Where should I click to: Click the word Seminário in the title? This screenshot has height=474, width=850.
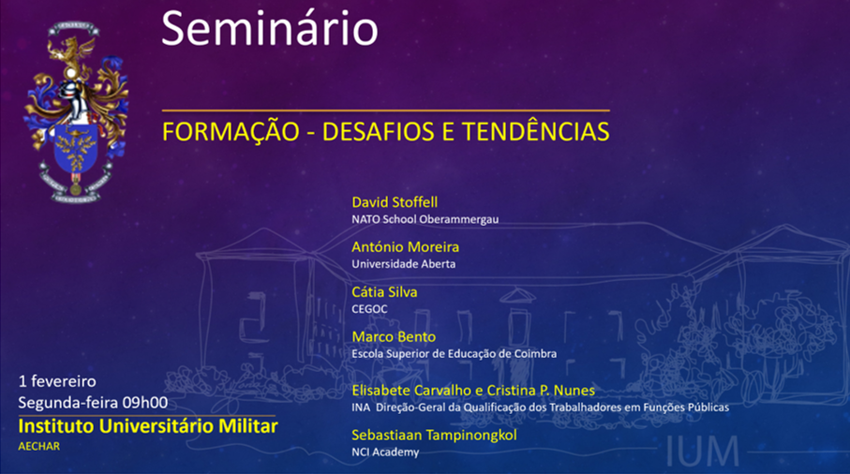coord(269,28)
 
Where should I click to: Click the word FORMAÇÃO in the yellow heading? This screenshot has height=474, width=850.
coord(231,132)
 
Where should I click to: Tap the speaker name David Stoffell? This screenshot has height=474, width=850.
coord(395,202)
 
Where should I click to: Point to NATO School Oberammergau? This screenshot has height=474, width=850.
coord(425,219)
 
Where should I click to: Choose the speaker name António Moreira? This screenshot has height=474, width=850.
coord(406,247)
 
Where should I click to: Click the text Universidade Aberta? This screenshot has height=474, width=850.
coord(403,264)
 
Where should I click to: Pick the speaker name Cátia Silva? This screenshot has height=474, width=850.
coord(384,292)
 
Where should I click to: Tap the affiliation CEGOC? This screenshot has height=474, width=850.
coord(369,309)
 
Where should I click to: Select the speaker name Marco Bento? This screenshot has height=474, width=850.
coord(394,337)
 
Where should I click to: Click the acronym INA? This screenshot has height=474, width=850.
coord(361,407)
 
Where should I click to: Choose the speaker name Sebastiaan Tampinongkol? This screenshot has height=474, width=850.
coord(434,435)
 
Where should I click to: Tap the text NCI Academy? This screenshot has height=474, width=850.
coord(385,452)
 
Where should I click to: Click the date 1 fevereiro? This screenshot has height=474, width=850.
coord(57,381)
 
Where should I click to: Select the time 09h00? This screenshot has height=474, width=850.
coord(145,403)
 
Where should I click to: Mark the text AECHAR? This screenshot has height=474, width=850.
coord(39,447)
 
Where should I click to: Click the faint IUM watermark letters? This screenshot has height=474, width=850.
coord(703,451)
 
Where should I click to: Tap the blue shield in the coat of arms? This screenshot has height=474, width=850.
coord(75,148)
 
